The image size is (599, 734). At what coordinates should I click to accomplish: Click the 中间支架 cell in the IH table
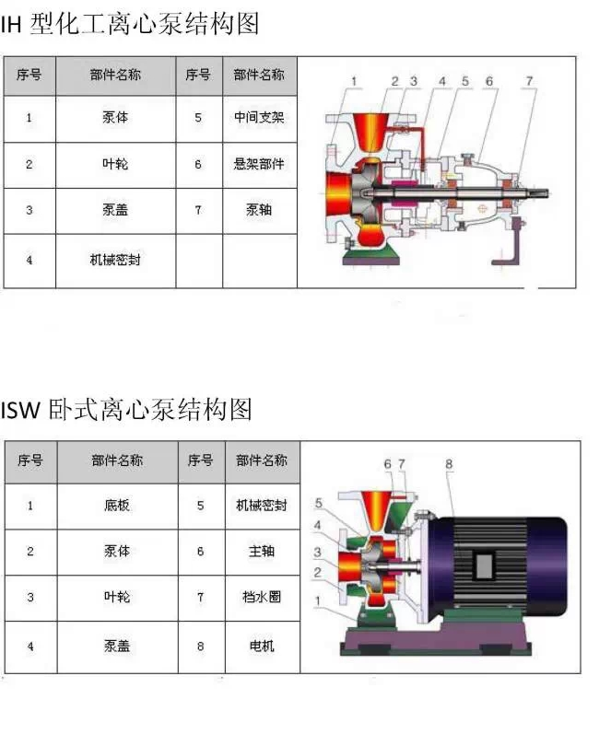260,118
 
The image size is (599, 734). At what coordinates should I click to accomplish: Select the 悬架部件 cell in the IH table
260,165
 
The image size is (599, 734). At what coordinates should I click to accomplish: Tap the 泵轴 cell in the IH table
260,210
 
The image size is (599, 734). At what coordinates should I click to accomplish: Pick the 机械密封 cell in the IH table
115,261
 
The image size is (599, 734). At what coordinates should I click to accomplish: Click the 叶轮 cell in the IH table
115,165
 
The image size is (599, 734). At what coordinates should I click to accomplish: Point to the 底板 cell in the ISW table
117,506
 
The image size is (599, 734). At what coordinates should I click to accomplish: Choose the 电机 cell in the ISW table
262,647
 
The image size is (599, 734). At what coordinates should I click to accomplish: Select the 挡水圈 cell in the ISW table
262,598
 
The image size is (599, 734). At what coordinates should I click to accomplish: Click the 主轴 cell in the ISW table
262,552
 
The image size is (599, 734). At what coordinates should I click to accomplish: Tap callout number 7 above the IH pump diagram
529,81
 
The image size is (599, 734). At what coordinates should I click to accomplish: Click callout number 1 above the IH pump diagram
354,81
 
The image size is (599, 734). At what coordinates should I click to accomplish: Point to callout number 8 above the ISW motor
449,464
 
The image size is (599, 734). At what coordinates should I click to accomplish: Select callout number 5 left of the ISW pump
319,503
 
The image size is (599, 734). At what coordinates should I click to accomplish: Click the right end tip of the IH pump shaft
548,192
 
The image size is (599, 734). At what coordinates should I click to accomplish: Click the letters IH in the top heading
11,25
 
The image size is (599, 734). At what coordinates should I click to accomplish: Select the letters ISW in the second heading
20,410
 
